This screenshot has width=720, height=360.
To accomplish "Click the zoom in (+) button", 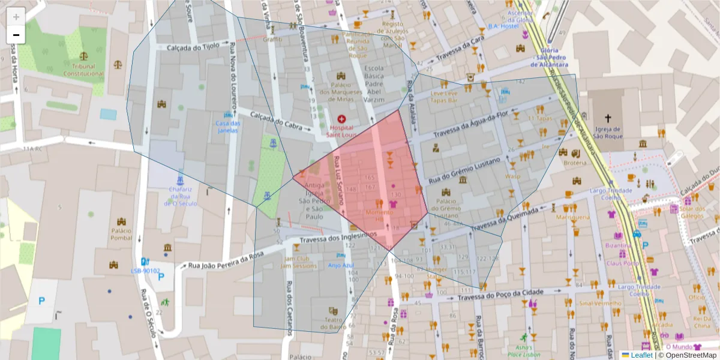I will click(16, 16).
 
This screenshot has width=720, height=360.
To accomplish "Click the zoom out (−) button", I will click(16, 35).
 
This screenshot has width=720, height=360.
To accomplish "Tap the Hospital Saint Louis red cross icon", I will click(341, 119).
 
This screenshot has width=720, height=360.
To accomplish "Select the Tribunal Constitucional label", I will click(84, 70).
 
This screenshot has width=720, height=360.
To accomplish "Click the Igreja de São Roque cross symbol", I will click(608, 118).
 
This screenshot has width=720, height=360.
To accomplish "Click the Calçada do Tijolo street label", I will click(193, 47).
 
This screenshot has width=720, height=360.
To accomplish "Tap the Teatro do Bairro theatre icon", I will click(333, 311).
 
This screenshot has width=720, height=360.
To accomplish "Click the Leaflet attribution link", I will click(641, 355).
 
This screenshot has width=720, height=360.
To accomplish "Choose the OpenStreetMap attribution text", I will click(687, 355).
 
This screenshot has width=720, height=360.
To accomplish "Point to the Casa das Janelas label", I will click(227, 127).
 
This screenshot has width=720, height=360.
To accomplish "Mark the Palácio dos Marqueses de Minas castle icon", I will click(341, 76).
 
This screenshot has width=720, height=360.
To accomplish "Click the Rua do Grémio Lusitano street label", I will click(463, 170).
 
